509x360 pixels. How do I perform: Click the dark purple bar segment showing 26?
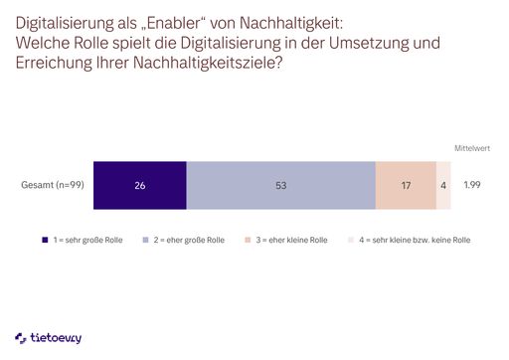139,185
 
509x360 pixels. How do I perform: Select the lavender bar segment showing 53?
280,185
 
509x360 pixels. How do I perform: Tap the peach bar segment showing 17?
406,185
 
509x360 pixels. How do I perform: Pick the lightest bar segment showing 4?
443,185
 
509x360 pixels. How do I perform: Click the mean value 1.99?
473,185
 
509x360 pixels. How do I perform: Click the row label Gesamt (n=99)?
51,185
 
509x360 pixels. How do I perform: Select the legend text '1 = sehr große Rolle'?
88,241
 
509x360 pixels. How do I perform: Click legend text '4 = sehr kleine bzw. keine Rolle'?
415,241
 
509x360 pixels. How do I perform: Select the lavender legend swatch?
145,241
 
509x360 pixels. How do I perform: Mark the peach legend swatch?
247,241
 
